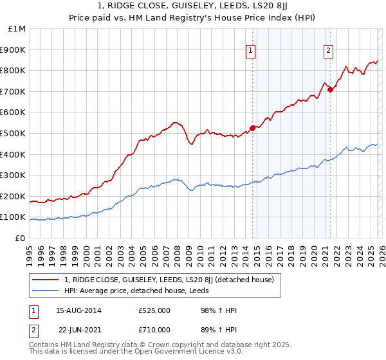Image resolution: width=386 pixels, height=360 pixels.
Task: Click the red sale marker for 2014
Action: click(252, 127)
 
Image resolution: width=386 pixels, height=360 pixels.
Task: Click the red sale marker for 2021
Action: click(330, 89)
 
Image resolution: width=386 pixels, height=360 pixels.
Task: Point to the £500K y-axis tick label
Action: click(13, 133)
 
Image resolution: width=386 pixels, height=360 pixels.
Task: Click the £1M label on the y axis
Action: click(17, 29)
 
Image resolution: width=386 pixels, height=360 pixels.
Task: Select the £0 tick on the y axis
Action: click(21, 238)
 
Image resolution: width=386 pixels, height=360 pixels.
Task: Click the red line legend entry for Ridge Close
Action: click(169, 280)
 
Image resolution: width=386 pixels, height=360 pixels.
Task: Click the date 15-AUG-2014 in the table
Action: click(78, 310)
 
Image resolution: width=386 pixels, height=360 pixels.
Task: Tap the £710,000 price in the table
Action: click(154, 330)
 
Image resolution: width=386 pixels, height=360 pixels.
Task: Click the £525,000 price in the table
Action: click(154, 310)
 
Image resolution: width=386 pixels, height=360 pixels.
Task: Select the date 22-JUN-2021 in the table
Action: click(78, 330)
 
